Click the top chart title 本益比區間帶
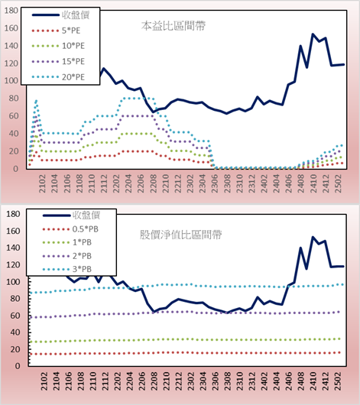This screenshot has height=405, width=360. point(174,26)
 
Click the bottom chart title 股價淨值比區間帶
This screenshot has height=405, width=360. point(180,235)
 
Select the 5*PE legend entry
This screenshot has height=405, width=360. point(56,31)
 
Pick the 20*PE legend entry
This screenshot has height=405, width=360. point(58,77)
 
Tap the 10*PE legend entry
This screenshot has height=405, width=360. point(58,46)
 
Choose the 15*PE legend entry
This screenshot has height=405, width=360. point(58,61)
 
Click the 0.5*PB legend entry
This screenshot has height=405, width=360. point(70,229)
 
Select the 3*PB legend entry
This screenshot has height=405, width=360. point(67,269)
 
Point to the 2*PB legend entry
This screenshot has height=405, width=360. point(67,256)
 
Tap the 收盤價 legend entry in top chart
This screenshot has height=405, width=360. point(60,15)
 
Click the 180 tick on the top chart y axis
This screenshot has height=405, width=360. point(11,11)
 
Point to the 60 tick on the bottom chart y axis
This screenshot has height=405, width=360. point(15,316)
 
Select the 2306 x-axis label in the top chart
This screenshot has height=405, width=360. point(215,183)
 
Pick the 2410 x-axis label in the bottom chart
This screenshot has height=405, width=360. point(313,381)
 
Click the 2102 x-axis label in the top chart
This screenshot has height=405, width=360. point(42,183)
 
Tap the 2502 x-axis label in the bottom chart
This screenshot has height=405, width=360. point(338,381)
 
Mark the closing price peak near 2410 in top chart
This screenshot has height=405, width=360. point(313,34)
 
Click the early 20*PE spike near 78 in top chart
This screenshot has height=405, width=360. point(36,101)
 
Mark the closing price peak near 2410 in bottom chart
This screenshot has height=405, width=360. point(313,237)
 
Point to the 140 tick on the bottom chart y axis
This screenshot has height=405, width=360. point(13,248)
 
